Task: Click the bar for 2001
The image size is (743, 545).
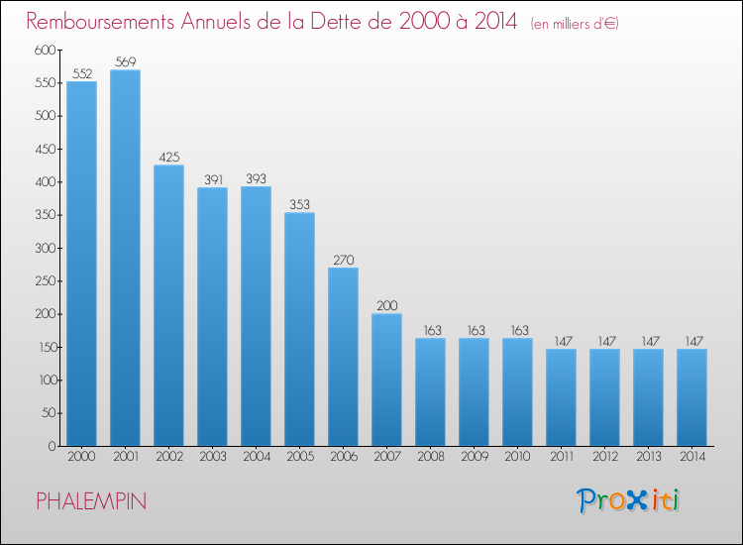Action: (125, 258)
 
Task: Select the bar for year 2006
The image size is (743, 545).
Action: (343, 357)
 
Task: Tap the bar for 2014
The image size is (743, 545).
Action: (691, 397)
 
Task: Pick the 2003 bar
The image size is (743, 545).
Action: (212, 316)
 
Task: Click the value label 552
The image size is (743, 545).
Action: (82, 73)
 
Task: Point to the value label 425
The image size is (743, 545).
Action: (169, 157)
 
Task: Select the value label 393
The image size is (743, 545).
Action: (256, 178)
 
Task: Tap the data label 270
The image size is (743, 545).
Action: (344, 260)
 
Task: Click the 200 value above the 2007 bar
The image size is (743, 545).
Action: (387, 305)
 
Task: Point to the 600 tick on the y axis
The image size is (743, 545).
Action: (45, 50)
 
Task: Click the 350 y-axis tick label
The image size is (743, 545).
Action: (46, 215)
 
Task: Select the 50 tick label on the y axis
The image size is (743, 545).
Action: (49, 413)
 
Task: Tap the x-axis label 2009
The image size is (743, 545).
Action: (475, 457)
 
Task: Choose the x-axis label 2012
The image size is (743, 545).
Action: (605, 457)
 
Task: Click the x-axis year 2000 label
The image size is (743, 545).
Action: (81, 457)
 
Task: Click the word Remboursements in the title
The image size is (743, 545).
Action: (100, 22)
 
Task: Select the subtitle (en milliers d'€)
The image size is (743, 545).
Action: (575, 24)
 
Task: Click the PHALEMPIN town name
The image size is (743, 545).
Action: (91, 501)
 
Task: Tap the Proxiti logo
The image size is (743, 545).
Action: (628, 500)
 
